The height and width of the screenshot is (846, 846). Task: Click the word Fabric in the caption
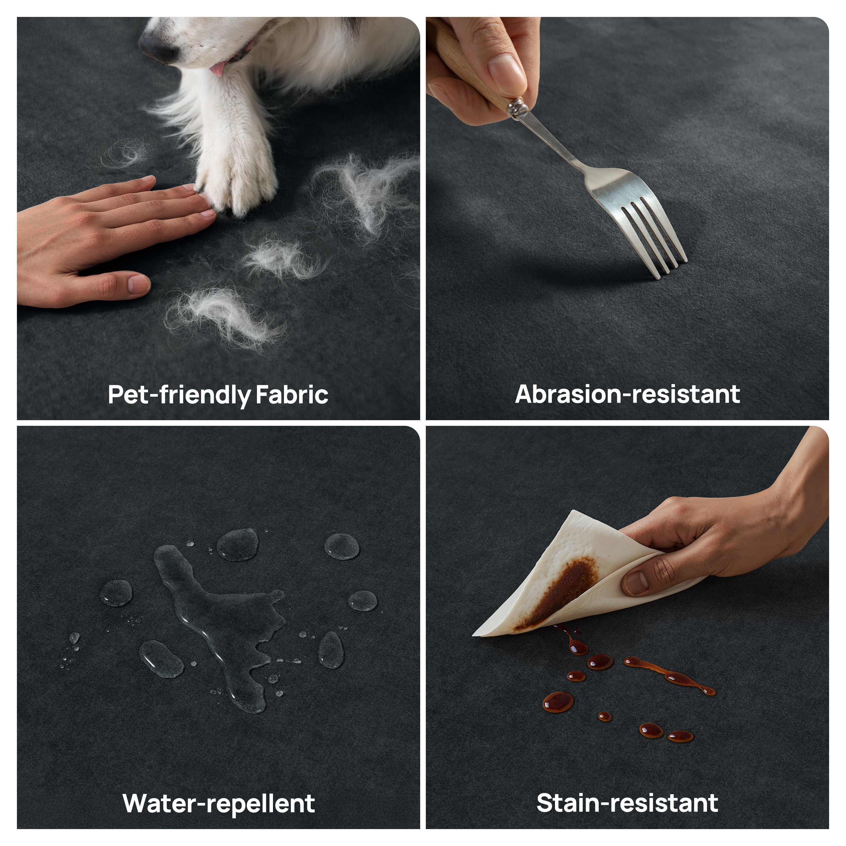(x=292, y=395)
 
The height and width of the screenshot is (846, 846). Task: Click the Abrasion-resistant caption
(x=627, y=394)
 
